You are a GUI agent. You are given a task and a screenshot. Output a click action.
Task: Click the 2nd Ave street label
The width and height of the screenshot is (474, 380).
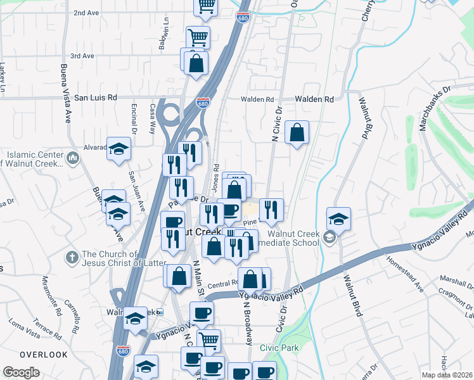click(87, 13)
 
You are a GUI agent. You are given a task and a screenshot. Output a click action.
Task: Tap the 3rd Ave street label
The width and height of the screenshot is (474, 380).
click(82, 56)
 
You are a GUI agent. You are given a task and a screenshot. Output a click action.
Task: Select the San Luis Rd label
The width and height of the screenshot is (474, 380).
click(96, 98)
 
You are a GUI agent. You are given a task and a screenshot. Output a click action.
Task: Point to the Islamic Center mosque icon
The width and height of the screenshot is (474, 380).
click(72, 157)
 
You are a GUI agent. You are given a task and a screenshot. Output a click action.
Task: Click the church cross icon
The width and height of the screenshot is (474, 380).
click(73, 258)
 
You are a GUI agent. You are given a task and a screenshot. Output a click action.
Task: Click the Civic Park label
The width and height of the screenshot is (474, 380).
click(279, 348)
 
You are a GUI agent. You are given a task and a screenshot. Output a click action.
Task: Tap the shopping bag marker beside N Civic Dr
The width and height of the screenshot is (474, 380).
click(297, 133)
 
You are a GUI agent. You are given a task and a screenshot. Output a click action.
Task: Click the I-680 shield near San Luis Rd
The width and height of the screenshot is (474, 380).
click(203, 103)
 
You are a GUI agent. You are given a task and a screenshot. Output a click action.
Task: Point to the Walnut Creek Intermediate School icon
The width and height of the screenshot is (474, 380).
click(329, 237)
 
